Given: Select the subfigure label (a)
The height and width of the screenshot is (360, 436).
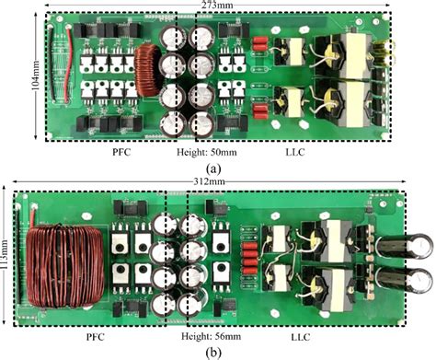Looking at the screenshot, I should [x=213, y=168].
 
